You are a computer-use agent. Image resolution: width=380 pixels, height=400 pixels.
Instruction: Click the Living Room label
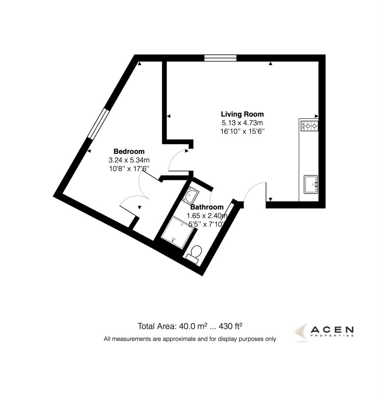[x=242, y=114]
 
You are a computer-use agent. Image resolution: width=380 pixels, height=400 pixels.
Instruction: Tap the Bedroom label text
[x=129, y=151]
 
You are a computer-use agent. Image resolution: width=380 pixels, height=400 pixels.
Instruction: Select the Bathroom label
[x=207, y=207]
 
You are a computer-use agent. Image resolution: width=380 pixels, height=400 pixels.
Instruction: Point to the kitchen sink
[x=310, y=184]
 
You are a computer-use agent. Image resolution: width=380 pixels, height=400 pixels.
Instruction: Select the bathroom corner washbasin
[x=191, y=194]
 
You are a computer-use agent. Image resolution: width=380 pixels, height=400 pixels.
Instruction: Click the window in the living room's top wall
[x=220, y=57]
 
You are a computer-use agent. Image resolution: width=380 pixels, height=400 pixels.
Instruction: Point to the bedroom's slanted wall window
[x=97, y=124]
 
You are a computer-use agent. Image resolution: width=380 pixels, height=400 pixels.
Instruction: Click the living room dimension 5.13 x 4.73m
[x=242, y=123]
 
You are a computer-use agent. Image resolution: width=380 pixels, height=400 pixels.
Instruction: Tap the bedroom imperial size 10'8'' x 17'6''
[x=129, y=169]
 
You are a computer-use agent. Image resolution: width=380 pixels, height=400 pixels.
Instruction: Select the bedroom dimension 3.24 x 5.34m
[x=129, y=160]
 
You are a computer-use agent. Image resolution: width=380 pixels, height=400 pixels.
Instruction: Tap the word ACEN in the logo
[x=332, y=329]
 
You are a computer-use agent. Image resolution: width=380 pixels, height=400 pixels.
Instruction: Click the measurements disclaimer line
[x=190, y=339]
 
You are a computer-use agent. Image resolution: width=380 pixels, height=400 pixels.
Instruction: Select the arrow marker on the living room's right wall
[x=317, y=116]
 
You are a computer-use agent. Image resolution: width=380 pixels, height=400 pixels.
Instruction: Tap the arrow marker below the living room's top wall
[x=271, y=64]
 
